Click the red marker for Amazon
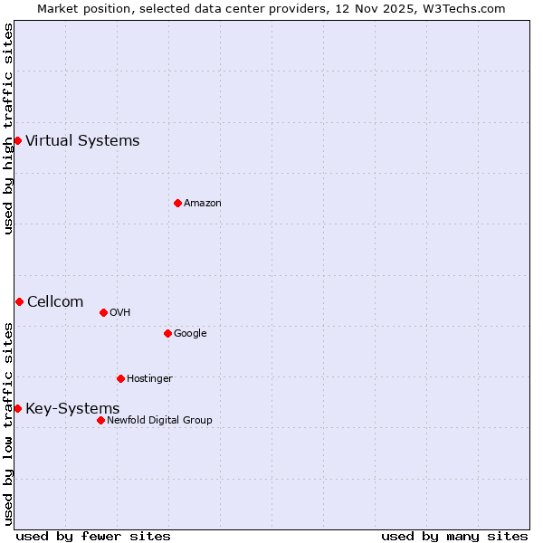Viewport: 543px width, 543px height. [x=177, y=203]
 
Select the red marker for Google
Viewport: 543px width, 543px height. [x=167, y=333]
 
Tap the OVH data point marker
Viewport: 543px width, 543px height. [x=103, y=312]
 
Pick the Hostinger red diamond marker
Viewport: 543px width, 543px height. [x=120, y=378]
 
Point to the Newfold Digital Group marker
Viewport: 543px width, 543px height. [x=100, y=420]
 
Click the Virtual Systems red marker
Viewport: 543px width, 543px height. [x=17, y=140]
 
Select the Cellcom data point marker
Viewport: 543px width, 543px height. [x=19, y=301]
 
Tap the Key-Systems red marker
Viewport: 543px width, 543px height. [x=17, y=408]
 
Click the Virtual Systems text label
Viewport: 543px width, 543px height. [x=82, y=140]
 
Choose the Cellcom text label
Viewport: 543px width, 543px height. [x=55, y=301]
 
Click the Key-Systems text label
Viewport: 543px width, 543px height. [x=72, y=408]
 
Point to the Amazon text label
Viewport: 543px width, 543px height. [x=203, y=203]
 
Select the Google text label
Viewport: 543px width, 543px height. [x=190, y=333]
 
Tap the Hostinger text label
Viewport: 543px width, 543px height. [x=149, y=378]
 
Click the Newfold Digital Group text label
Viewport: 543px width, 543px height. [x=159, y=420]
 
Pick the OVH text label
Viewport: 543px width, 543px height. [x=120, y=312]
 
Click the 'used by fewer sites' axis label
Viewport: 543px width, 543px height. [x=93, y=536]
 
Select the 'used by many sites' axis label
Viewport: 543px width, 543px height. [x=454, y=536]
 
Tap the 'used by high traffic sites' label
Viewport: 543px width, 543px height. [x=8, y=129]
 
